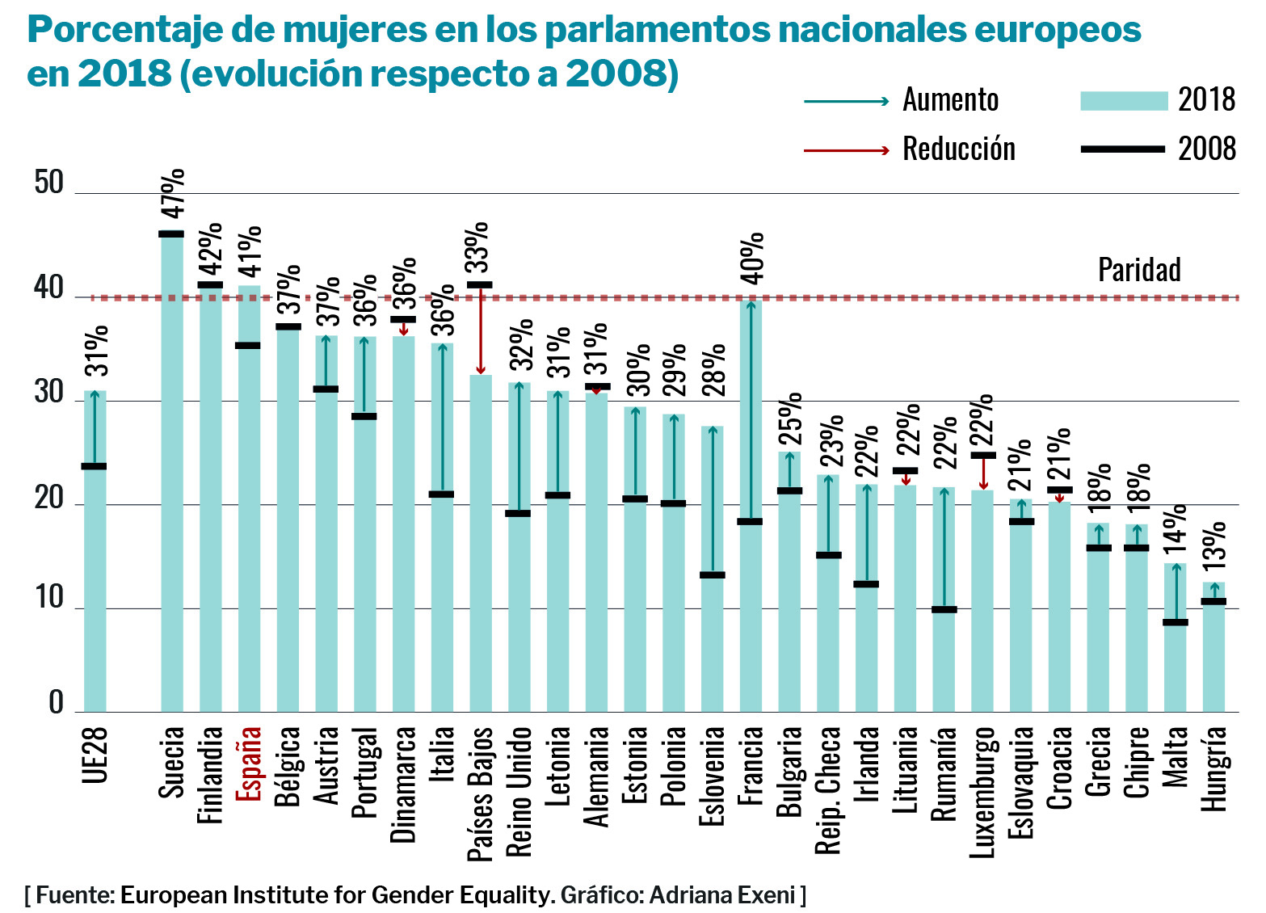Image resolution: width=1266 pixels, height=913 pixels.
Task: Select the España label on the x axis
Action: [248, 764]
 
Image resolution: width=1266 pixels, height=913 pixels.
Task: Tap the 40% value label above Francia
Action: [752, 259]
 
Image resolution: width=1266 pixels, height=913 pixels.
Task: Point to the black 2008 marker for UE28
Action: [95, 466]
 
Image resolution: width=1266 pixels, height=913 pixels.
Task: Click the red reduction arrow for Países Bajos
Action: [481, 330]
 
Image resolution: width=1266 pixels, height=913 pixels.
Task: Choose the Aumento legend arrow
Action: [846, 101]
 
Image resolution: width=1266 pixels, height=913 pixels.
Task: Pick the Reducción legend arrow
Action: [846, 150]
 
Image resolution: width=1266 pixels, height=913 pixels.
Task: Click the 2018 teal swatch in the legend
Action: [1124, 101]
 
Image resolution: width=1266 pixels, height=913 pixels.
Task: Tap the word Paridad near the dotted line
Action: [1139, 270]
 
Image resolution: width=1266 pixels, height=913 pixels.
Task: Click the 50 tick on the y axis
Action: [48, 183]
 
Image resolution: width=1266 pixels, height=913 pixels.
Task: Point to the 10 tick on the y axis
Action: [48, 599]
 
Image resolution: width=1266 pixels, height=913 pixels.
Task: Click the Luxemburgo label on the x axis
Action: [983, 792]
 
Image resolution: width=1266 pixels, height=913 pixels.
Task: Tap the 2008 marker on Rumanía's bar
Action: [944, 609]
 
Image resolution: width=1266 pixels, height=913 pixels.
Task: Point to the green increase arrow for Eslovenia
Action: [713, 501]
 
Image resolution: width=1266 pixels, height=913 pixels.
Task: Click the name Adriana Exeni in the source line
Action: [722, 895]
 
